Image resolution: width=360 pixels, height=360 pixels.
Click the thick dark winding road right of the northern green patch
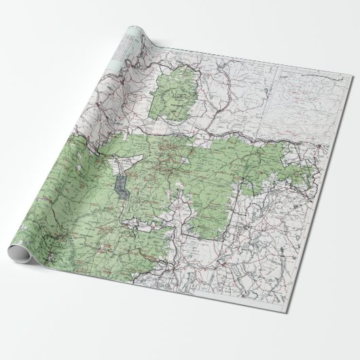tap(204, 95)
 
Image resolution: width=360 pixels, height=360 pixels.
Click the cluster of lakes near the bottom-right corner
tap(299, 272)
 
